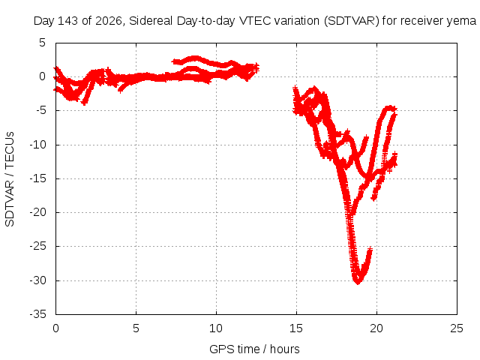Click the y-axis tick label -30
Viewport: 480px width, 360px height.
tap(37, 280)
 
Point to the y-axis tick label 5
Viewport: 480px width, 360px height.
tap(42, 43)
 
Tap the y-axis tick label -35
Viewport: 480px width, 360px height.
tap(37, 314)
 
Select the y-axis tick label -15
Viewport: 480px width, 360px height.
tap(37, 178)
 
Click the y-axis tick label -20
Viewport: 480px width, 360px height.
tap(37, 212)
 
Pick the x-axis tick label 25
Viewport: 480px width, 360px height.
tap(457, 328)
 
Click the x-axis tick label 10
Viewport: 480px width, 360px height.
tap(216, 328)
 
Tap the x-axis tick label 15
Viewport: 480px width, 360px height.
tap(296, 328)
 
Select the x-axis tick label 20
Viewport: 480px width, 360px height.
tap(376, 328)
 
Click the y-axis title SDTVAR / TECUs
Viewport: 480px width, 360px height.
tap(10, 179)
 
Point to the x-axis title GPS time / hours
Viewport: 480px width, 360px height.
tap(254, 349)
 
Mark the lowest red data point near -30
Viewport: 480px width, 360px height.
tap(358, 282)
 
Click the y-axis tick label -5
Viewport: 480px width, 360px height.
tap(40, 110)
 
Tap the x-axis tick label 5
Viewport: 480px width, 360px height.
tap(136, 328)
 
